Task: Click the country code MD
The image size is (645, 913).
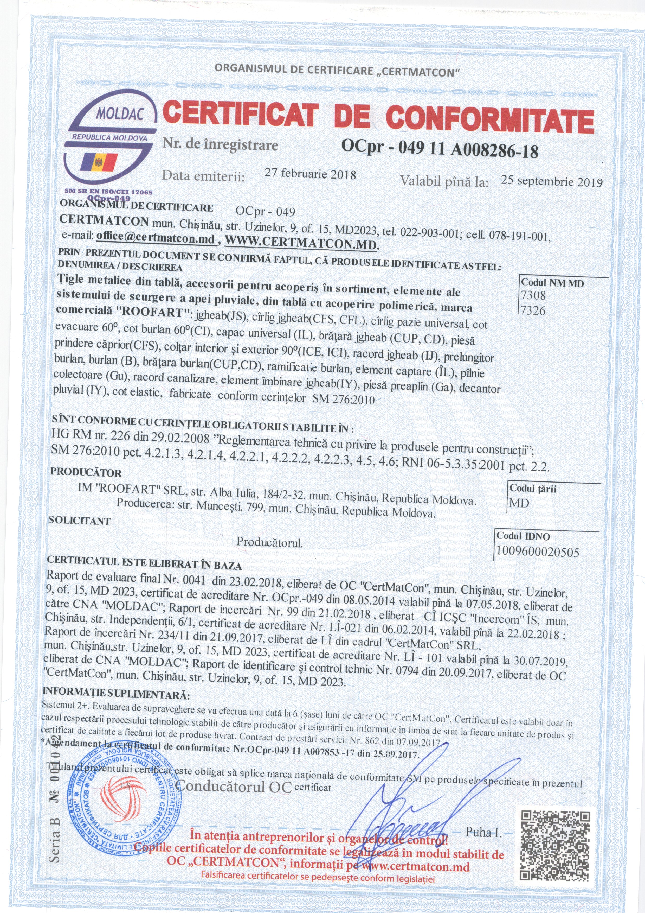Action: pos(519,503)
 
